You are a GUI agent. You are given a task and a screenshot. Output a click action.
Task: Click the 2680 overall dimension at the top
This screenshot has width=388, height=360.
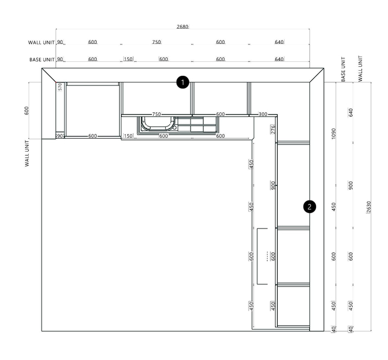point(183,26)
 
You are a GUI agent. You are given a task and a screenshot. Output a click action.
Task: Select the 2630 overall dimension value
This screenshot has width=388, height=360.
point(368,207)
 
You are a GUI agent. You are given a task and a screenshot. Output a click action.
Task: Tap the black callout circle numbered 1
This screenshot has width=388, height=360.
point(183,83)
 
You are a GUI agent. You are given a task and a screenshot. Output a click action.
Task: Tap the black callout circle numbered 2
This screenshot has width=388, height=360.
point(310,207)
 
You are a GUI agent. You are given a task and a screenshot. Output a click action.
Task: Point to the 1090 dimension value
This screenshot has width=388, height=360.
point(333,134)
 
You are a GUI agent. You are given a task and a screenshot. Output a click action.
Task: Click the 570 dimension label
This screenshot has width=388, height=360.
point(60,86)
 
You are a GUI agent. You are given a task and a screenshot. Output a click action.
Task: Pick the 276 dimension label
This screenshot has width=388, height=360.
point(273,129)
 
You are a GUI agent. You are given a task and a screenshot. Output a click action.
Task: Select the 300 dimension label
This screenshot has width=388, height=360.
point(263,114)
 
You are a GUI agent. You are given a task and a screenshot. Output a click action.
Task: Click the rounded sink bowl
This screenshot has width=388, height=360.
point(157,123)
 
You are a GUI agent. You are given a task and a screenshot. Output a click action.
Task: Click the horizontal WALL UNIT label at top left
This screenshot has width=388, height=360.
point(41,43)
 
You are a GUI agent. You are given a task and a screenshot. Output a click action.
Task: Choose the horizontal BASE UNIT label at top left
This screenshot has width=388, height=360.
point(42,60)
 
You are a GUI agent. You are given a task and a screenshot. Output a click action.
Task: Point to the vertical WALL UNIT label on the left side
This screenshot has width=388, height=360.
point(27,153)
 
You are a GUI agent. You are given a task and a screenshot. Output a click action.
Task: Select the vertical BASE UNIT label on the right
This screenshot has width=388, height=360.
point(343,69)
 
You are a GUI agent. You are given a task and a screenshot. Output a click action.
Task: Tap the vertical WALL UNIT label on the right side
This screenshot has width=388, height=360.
point(360,69)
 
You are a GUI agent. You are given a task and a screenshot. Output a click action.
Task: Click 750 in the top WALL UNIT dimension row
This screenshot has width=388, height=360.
point(156,42)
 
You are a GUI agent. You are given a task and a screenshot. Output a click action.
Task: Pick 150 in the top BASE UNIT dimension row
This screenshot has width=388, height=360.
point(128,59)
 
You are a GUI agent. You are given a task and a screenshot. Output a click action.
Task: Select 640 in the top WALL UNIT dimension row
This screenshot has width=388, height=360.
point(279,42)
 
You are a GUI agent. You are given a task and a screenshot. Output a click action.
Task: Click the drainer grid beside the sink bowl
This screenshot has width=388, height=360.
point(197,124)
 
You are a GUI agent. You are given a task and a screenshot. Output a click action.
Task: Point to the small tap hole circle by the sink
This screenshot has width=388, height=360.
point(175,127)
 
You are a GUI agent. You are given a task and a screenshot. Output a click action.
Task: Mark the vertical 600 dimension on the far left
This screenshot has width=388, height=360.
point(27,111)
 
